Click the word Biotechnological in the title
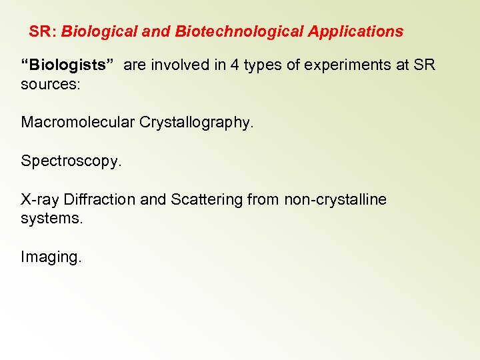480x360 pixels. pyautogui.click(x=238, y=31)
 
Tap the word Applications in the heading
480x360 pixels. pyautogui.click(x=355, y=31)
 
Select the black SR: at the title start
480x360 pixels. pyautogui.click(x=43, y=31)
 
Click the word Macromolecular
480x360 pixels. pyautogui.click(x=78, y=123)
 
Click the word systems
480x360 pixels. pyautogui.click(x=51, y=219)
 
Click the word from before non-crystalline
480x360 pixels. pyautogui.click(x=262, y=199)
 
